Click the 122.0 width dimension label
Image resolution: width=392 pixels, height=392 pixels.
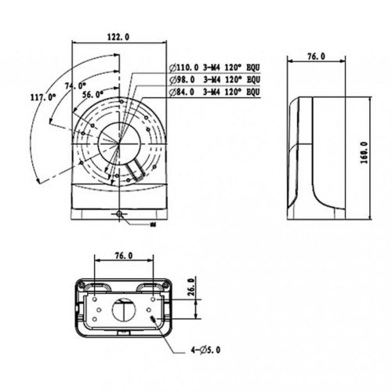pyautogui.click(x=117, y=37)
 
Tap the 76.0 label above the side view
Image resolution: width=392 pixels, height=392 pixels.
pyautogui.click(x=318, y=56)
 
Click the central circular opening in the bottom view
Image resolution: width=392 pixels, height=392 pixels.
pyautogui.click(x=123, y=309)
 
